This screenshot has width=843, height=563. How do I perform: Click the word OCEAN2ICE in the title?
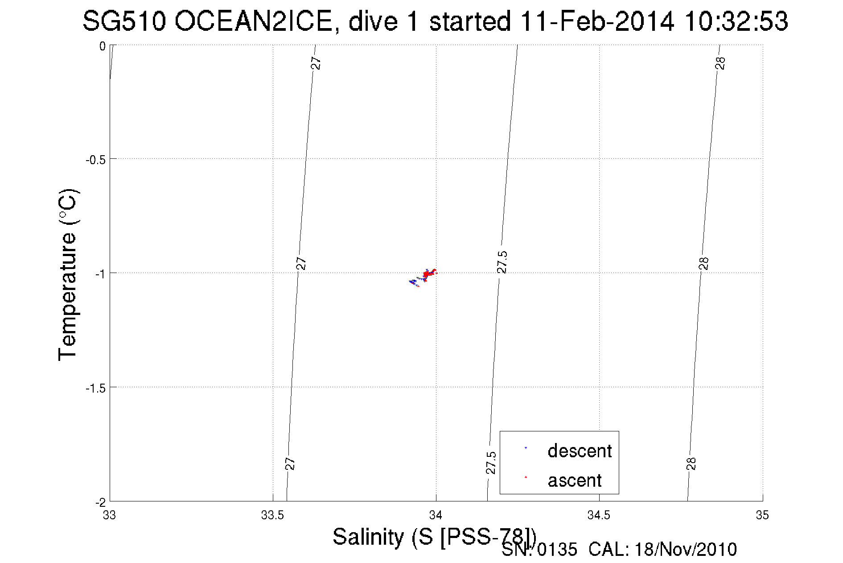pos(254,21)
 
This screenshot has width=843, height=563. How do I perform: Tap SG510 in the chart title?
pos(124,21)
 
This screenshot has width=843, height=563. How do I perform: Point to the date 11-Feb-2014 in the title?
pos(597,21)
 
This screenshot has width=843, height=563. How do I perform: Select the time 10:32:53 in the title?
pos(736,21)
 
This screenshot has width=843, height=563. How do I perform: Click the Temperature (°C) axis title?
pos(68,275)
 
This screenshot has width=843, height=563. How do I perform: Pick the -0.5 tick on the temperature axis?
pos(95,159)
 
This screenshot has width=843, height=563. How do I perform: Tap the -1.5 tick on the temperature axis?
pos(95,388)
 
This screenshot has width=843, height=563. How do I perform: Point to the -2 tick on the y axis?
pos(100,502)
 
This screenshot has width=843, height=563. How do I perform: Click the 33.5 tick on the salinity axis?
pos(272,515)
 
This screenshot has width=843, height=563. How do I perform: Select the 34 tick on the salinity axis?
pos(436,515)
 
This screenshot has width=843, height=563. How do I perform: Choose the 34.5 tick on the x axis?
pos(599,515)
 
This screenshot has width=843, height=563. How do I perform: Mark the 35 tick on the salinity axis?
pos(762,515)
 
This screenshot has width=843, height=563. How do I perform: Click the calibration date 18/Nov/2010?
pos(686,549)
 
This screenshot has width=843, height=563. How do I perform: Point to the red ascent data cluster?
pos(428,273)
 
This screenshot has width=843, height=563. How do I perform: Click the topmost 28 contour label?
pos(720,63)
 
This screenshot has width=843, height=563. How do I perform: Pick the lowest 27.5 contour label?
pos(490,463)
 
